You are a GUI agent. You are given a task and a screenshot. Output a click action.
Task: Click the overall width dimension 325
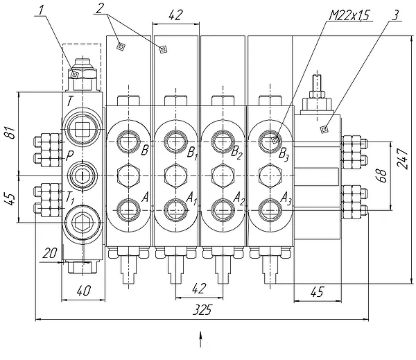click(202, 310)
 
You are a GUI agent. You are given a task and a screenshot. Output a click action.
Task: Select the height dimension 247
click(402, 158)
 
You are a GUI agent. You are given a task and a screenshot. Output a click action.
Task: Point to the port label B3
click(284, 155)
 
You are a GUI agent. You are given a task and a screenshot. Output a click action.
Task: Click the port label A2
click(239, 199)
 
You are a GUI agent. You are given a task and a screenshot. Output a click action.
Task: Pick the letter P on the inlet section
click(69, 156)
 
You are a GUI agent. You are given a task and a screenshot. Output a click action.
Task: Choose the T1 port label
click(70, 198)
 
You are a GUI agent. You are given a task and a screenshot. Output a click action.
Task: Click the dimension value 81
click(10, 132)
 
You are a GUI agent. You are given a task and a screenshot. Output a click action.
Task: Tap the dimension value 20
click(50, 253)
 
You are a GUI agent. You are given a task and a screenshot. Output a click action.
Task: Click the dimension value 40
click(83, 291)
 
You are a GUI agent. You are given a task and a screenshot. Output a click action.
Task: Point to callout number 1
click(41, 10)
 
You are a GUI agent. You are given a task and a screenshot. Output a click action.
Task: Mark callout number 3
click(395, 15)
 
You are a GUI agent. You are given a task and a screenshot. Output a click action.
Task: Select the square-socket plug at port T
click(82, 129)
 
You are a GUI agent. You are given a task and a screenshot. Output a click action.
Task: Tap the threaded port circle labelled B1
click(175, 142)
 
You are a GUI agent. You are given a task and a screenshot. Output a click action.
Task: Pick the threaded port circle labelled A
click(128, 210)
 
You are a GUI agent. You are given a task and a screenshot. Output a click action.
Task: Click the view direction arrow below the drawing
click(200, 339)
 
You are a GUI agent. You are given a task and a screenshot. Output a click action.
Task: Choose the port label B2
click(236, 153)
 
